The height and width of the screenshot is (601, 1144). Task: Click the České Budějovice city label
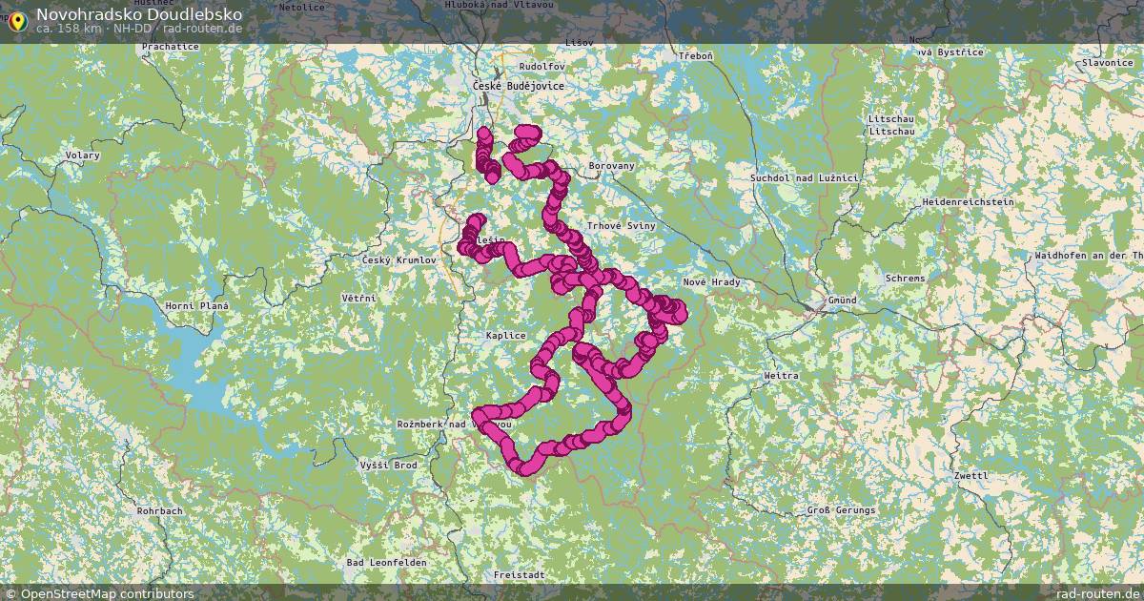(x=518, y=86)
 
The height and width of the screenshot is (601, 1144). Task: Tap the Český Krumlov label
(x=398, y=259)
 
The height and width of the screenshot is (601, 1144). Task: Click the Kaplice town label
(x=505, y=335)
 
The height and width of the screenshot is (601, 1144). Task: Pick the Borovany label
(x=612, y=165)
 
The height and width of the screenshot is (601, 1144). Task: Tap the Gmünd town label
(x=842, y=300)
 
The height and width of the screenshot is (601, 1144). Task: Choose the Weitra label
(x=781, y=376)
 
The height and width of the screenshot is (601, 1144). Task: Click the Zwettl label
(x=970, y=475)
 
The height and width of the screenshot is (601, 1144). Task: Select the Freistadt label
(x=519, y=575)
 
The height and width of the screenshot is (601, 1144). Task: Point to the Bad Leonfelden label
(x=386, y=563)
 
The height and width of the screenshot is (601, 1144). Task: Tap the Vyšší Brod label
(x=388, y=465)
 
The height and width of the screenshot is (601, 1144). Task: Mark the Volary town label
(x=82, y=155)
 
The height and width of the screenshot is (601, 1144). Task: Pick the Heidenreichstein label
(x=968, y=202)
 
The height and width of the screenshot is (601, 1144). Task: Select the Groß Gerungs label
(x=841, y=510)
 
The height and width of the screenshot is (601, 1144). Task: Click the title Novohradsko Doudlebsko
(x=139, y=14)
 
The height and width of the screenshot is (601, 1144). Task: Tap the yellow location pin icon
(x=16, y=20)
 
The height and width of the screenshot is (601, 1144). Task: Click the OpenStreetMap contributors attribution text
(x=107, y=593)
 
